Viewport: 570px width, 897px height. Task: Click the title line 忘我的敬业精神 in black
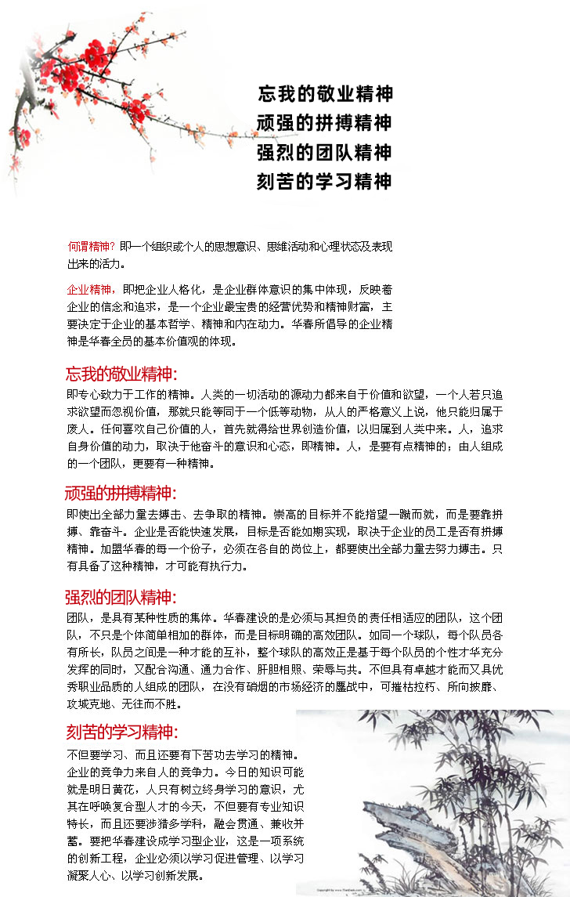coord(325,94)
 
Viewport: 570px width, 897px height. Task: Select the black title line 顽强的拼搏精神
coord(325,123)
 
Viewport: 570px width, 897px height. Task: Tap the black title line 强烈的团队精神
coord(325,152)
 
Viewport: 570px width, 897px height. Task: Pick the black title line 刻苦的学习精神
coord(325,181)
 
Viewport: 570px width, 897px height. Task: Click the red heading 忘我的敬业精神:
coord(121,374)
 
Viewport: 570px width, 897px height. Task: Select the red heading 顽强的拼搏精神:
coord(121,494)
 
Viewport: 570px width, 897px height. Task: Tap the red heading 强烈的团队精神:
coord(121,598)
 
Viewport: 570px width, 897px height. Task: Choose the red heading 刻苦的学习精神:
coord(121,732)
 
